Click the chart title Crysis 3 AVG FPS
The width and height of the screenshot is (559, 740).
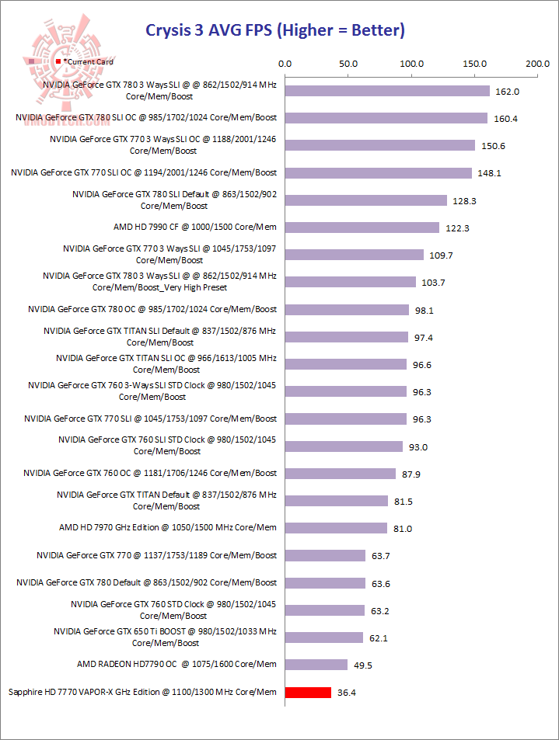(x=276, y=31)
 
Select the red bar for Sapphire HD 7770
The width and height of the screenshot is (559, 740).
(x=308, y=692)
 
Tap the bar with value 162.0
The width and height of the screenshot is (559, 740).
(x=387, y=91)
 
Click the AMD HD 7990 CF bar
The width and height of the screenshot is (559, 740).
(x=362, y=228)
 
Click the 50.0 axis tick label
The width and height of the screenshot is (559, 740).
(x=348, y=64)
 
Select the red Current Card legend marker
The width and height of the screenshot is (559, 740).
(x=58, y=61)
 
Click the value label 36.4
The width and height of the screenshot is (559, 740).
(x=348, y=692)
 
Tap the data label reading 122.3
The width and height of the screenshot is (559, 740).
(x=456, y=228)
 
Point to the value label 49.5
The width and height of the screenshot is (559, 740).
(x=364, y=665)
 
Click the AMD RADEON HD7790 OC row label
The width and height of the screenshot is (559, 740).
(x=176, y=665)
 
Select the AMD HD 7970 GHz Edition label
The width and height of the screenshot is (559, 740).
(x=167, y=528)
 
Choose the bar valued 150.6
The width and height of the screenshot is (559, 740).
(x=380, y=145)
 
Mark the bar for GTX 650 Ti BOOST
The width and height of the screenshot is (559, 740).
(x=324, y=638)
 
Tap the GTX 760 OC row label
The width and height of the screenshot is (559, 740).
(x=150, y=473)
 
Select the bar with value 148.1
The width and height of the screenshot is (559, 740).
(x=379, y=173)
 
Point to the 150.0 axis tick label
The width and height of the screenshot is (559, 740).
(x=474, y=64)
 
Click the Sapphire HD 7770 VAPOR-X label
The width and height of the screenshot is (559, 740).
(x=141, y=692)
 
